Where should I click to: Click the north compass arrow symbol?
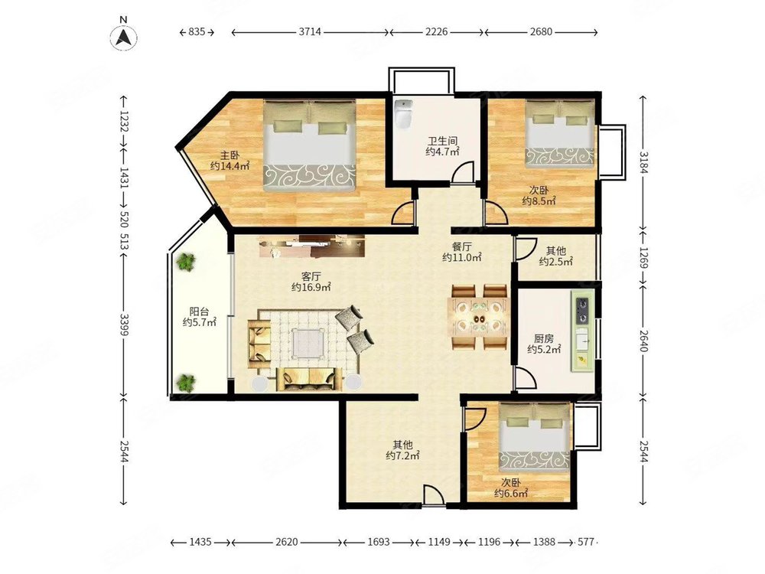click(123, 37)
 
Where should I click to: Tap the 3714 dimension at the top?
click(310, 32)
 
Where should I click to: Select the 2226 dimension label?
click(436, 32)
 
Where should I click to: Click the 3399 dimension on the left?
click(124, 325)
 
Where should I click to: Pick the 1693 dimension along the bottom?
click(379, 542)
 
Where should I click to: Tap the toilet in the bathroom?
click(403, 114)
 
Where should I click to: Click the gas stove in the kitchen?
click(582, 311)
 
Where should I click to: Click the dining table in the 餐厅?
click(477, 317)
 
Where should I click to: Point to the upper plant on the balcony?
click(185, 262)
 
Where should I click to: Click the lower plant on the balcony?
click(185, 383)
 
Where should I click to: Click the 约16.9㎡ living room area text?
click(311, 288)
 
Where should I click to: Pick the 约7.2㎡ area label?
click(402, 456)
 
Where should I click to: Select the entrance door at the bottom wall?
click(434, 496)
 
